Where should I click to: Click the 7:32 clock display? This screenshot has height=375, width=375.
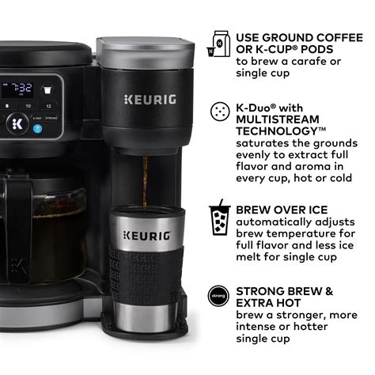point(23,87)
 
